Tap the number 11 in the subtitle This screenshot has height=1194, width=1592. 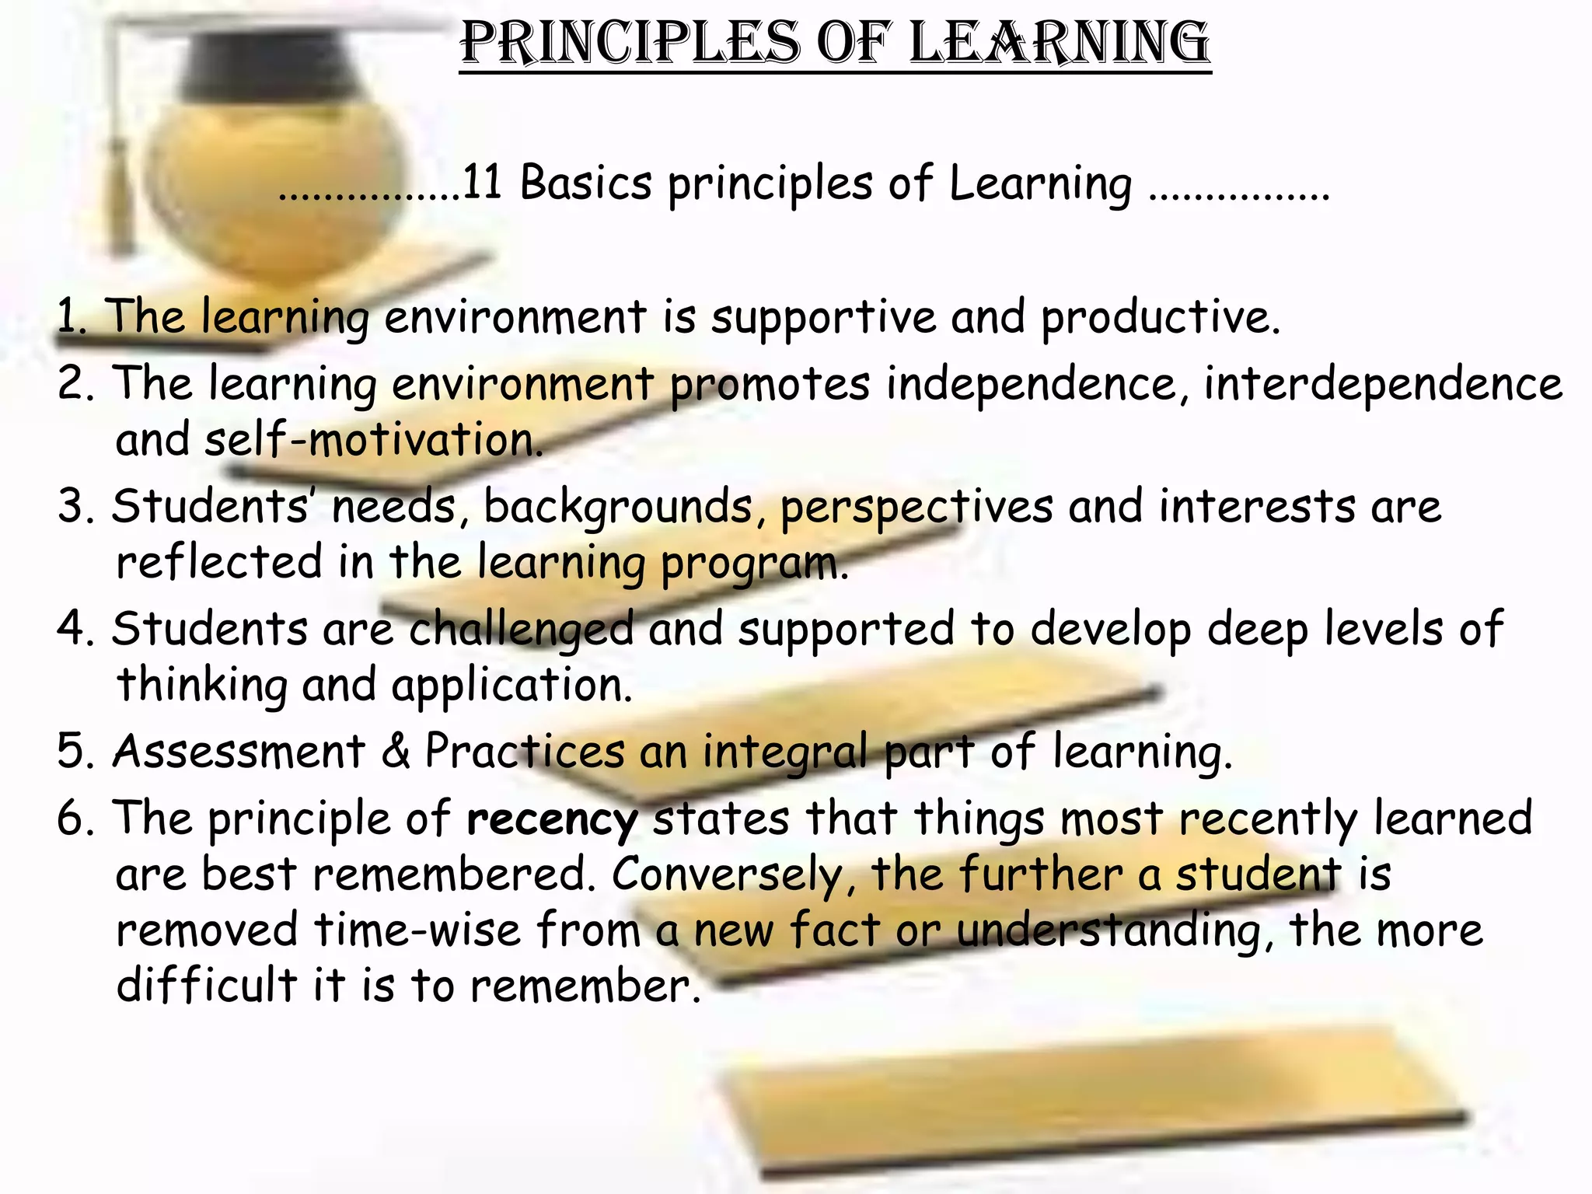tap(482, 183)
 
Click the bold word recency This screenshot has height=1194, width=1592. tap(552, 819)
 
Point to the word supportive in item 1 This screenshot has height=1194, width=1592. tap(824, 317)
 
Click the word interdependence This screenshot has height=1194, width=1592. tap(1383, 384)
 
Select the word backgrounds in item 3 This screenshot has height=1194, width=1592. tap(618, 507)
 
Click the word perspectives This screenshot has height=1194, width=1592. tap(916, 507)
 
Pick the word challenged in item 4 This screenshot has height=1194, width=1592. tap(521, 630)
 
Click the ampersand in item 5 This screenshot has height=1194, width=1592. tap(396, 752)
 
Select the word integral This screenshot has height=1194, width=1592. tap(785, 752)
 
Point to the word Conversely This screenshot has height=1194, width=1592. tap(728, 875)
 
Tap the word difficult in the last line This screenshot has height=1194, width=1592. tap(207, 986)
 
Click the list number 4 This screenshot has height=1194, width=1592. tap(73, 630)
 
